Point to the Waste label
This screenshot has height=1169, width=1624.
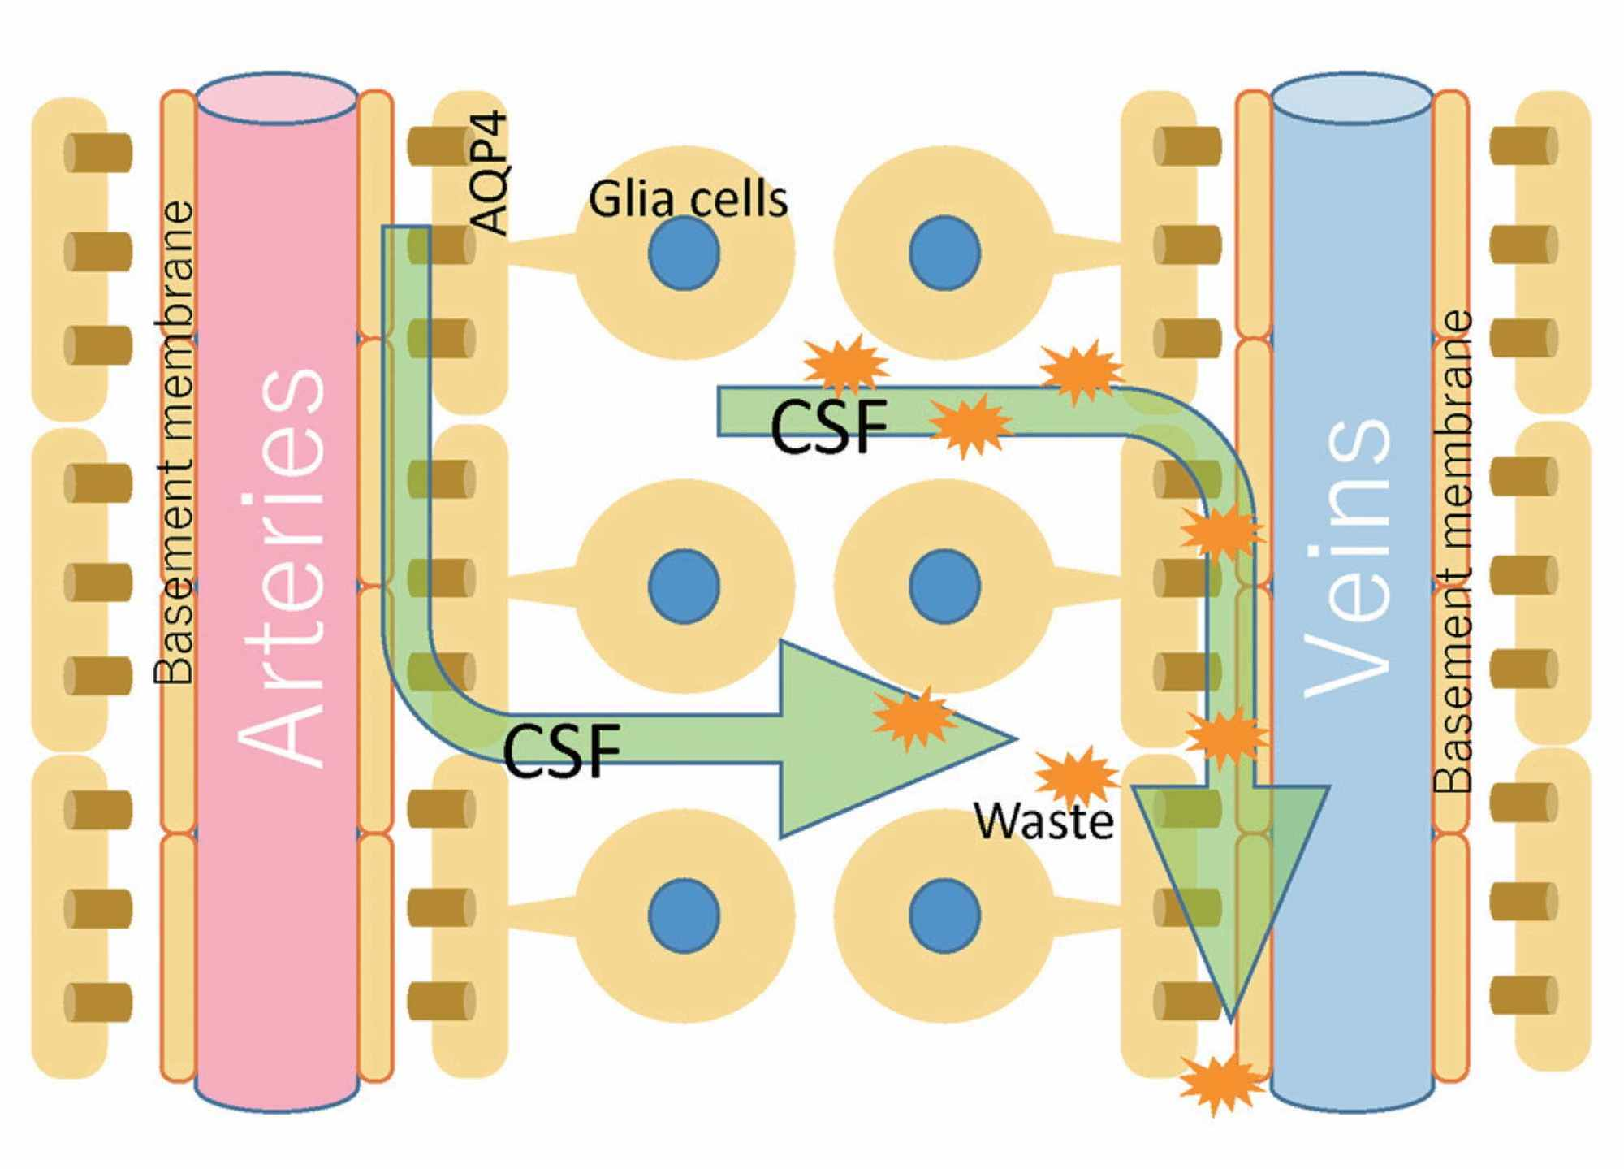(x=1044, y=821)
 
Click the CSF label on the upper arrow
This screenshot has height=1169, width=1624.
(x=828, y=426)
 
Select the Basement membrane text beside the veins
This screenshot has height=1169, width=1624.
(x=1453, y=552)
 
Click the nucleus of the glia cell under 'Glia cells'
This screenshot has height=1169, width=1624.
(x=684, y=253)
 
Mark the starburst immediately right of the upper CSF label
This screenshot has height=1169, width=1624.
(x=970, y=425)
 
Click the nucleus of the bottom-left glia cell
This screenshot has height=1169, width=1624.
(x=684, y=915)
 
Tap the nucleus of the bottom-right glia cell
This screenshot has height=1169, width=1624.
(x=944, y=915)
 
